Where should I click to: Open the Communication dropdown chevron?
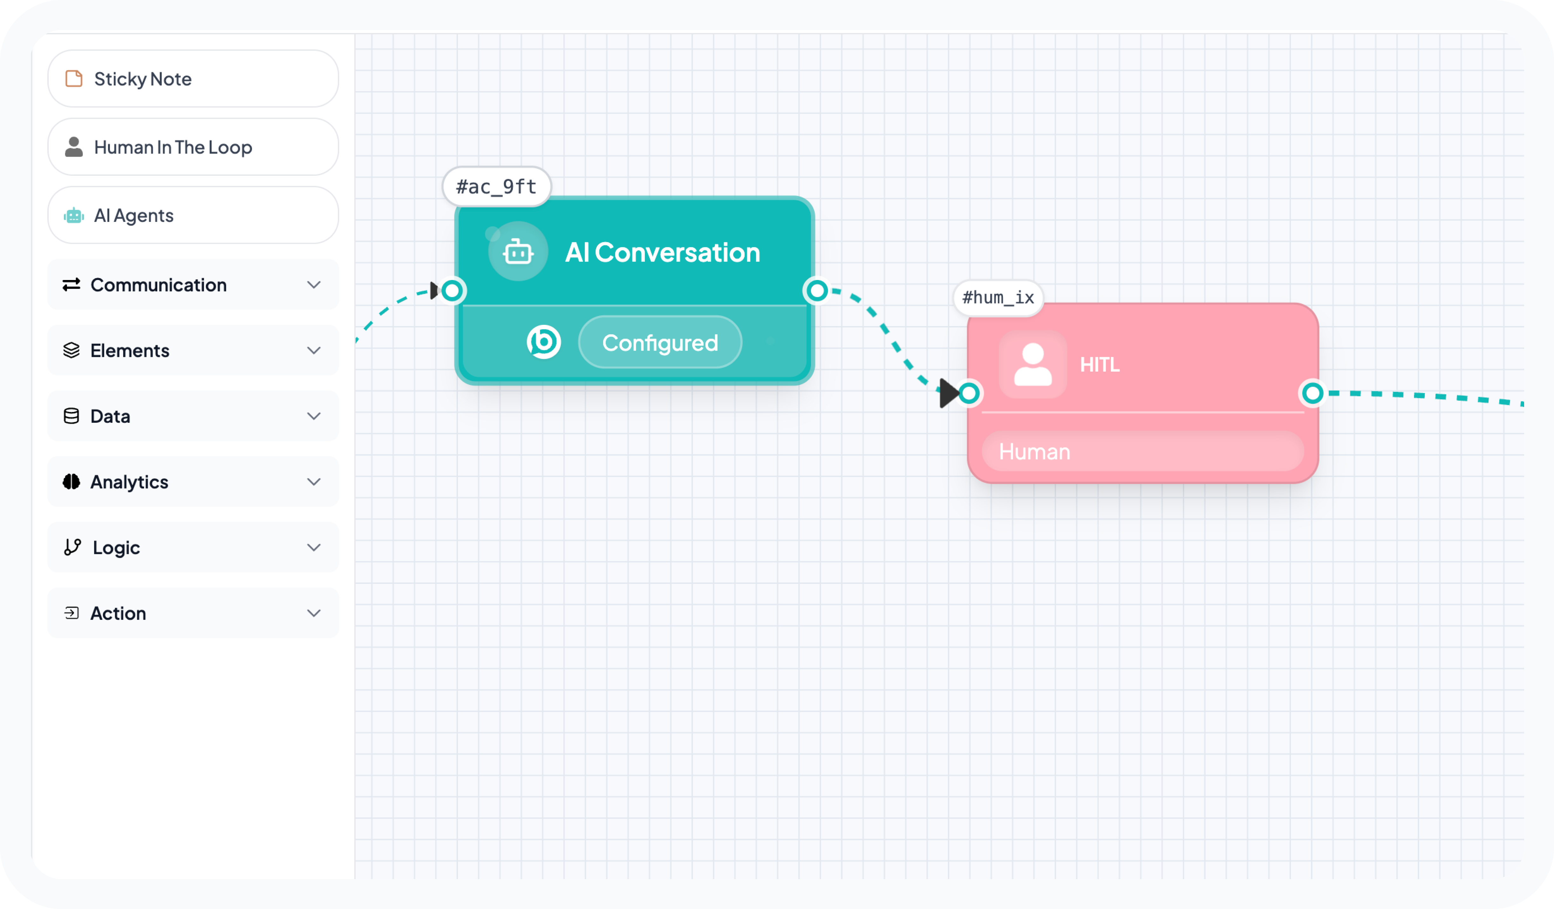click(x=314, y=285)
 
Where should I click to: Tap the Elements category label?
click(x=130, y=350)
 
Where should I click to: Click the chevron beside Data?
click(x=314, y=416)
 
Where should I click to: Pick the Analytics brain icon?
click(x=72, y=482)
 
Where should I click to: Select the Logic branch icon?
click(x=72, y=547)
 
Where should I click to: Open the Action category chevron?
click(x=314, y=613)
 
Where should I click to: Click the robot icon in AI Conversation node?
click(x=518, y=252)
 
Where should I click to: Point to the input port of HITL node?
click(x=969, y=393)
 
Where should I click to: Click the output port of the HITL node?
click(x=1312, y=393)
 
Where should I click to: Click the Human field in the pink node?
click(x=1142, y=451)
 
